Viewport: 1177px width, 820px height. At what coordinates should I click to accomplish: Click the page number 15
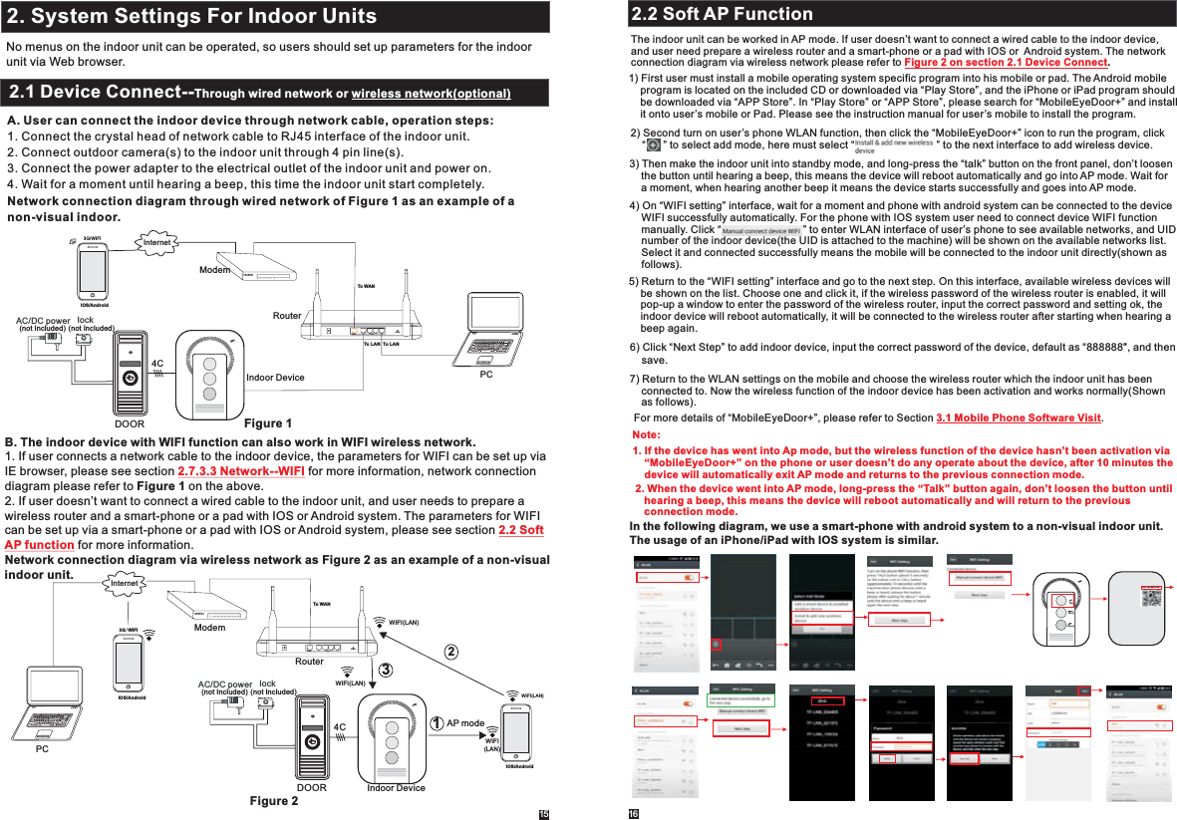tap(544, 813)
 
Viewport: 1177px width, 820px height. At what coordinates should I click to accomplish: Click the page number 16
tap(632, 813)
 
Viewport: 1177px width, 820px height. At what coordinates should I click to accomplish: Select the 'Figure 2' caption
tap(273, 801)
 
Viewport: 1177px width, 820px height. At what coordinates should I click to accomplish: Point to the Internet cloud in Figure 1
tap(157, 241)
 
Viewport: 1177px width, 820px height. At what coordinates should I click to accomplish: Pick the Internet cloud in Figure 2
tap(125, 583)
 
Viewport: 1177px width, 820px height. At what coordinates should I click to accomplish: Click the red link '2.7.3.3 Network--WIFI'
tap(240, 471)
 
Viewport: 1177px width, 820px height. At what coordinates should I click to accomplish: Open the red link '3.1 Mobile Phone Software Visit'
tap(1019, 416)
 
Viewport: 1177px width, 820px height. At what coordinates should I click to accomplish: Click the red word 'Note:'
tap(646, 435)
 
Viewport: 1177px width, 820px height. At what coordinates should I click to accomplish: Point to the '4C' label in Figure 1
tap(156, 365)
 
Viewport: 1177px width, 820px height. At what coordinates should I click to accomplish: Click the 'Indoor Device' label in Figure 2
tap(396, 788)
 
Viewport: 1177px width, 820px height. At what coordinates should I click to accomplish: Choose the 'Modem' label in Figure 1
tap(214, 269)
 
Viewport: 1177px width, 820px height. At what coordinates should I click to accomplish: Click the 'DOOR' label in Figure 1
tap(130, 423)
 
